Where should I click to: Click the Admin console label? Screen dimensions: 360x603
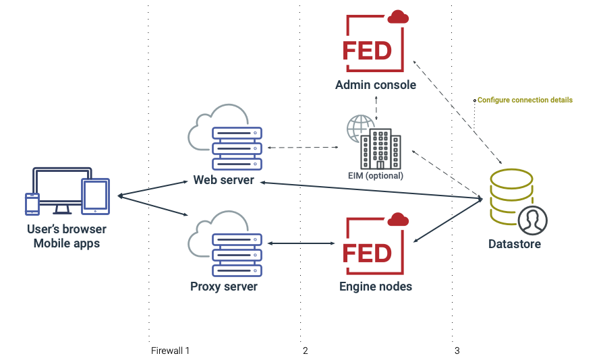click(x=375, y=86)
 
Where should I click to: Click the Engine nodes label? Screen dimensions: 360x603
click(x=375, y=287)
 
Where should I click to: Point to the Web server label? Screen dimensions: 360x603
click(x=223, y=180)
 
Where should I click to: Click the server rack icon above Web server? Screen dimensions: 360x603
click(x=236, y=148)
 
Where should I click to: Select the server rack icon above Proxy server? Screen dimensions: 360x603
click(x=236, y=254)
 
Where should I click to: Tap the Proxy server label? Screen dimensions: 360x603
click(x=223, y=287)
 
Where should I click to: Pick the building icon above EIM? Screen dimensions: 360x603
click(x=380, y=150)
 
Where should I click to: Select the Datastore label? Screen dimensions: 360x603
click(x=514, y=244)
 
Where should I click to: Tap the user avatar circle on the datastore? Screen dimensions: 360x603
click(x=532, y=220)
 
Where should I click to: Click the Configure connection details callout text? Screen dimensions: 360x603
click(x=525, y=100)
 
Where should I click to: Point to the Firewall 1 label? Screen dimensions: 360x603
click(x=170, y=351)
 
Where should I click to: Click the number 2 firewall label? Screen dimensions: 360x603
click(x=306, y=351)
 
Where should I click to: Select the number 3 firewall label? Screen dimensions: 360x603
click(x=457, y=351)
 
